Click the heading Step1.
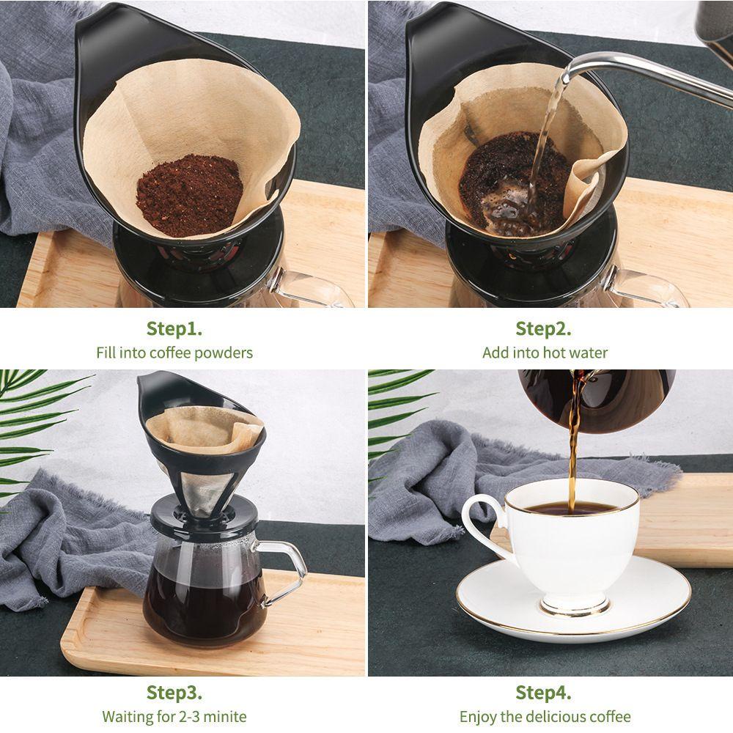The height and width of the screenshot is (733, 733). [x=174, y=328]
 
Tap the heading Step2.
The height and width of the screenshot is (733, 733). [x=543, y=328]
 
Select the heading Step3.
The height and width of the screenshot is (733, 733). [x=174, y=692]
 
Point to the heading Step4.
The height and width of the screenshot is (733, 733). [x=543, y=692]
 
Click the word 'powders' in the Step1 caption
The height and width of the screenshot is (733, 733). [x=220, y=353]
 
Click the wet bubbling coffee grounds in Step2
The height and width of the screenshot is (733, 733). [x=506, y=191]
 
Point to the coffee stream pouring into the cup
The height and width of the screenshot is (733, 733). [x=572, y=454]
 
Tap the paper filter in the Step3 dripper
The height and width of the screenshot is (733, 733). [x=198, y=429]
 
